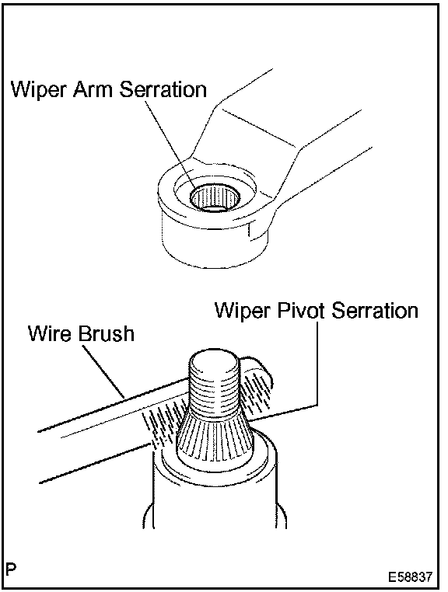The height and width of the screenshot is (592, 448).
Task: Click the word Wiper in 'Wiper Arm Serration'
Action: tap(39, 90)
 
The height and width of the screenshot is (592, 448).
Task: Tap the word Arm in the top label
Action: tap(93, 89)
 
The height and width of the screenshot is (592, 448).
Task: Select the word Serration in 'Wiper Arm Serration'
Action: tap(163, 89)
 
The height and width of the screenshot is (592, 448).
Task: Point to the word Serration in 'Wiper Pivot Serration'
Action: tap(375, 310)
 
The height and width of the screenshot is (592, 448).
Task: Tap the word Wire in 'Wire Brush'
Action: tap(51, 333)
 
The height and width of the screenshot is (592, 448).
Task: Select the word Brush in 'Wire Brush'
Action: tap(107, 333)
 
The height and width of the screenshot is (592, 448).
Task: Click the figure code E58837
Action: tap(410, 577)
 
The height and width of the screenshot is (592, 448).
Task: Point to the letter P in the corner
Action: tap(11, 569)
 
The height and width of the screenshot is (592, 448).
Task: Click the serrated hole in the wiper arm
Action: tap(215, 198)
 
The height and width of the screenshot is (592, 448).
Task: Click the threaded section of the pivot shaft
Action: tap(214, 389)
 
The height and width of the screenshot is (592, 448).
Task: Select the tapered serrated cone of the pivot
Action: tap(215, 434)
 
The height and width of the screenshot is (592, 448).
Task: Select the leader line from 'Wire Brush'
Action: tap(103, 371)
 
